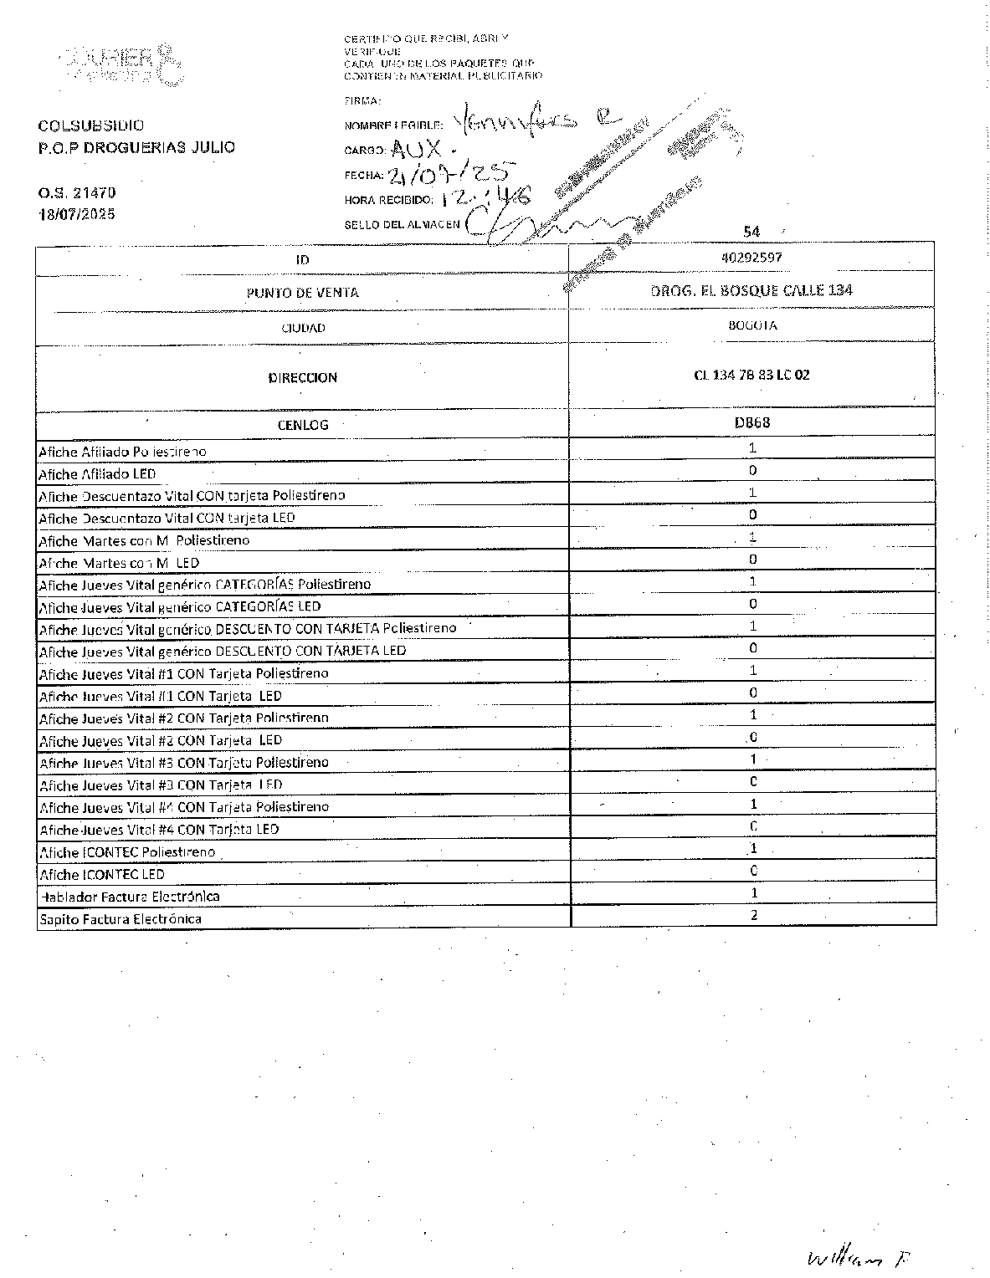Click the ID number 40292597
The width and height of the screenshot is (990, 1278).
click(751, 258)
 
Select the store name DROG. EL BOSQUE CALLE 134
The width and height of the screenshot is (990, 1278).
click(751, 290)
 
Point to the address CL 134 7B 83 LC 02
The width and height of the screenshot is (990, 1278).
click(751, 375)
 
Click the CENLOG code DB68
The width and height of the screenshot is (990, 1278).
click(751, 422)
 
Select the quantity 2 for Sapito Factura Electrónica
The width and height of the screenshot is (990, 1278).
click(753, 915)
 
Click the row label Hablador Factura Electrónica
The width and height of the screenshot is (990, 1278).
click(130, 897)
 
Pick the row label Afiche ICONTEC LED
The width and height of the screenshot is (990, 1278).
click(102, 874)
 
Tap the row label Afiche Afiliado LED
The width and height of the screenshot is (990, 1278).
click(97, 474)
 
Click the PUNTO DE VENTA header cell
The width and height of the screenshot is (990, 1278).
click(302, 293)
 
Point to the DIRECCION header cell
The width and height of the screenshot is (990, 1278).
click(302, 377)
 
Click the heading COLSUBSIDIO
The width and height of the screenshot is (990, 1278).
click(90, 125)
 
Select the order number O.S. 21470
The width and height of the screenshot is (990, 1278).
click(77, 193)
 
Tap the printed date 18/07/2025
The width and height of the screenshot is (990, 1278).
click(77, 214)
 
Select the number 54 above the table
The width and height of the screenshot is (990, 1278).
click(751, 232)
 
